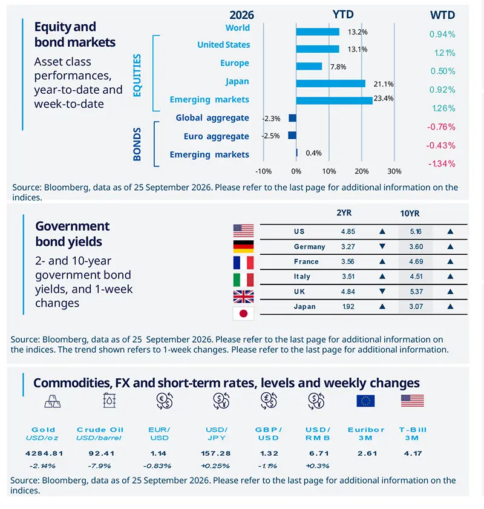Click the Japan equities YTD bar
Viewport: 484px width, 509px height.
[330, 84]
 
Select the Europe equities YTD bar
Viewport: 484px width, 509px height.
[309, 66]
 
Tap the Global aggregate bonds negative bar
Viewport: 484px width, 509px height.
[292, 118]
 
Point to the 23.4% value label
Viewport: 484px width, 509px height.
[384, 99]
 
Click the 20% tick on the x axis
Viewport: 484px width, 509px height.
[361, 171]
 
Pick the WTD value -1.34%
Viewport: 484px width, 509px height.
[442, 163]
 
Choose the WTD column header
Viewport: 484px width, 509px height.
[442, 15]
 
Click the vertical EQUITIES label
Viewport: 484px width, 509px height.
[137, 75]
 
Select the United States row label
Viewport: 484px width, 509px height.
[223, 45]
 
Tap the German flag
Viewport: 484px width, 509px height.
[243, 247]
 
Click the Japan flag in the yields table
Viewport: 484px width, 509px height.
[243, 314]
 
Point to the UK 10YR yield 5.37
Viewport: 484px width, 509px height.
[416, 292]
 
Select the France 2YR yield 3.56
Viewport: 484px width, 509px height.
[348, 261]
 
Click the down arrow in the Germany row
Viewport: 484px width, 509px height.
[382, 246]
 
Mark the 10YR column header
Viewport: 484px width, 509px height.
[410, 213]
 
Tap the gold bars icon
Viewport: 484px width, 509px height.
[53, 401]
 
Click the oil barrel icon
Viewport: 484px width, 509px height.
[110, 401]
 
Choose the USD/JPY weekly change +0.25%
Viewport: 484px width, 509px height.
[215, 466]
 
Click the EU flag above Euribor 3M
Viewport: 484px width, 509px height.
[365, 401]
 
